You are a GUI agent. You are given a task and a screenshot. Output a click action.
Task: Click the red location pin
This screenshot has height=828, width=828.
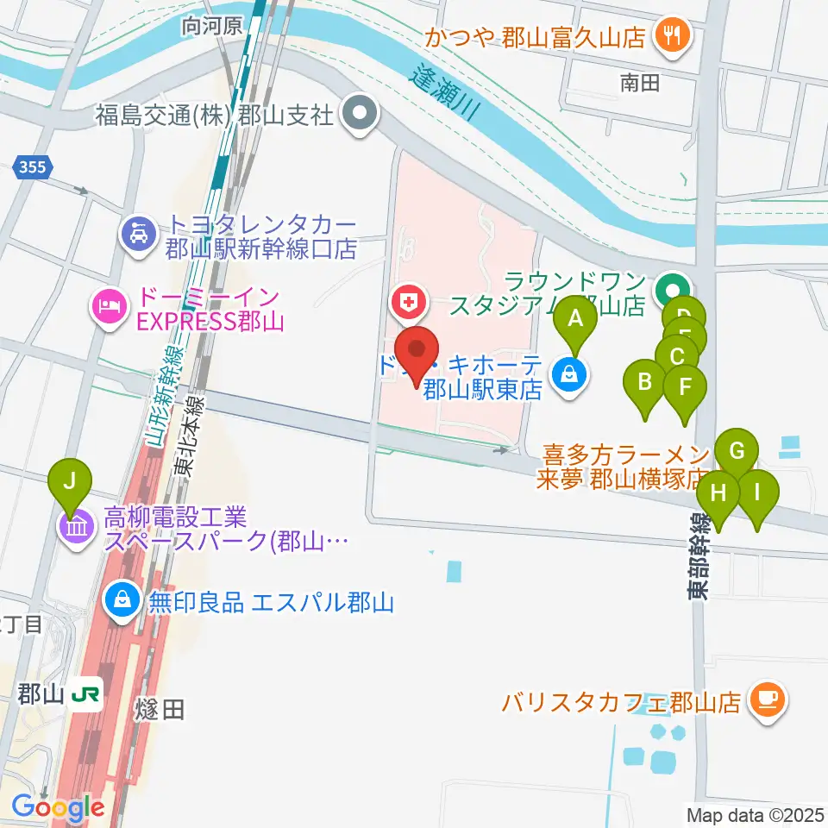pyautogui.click(x=418, y=354)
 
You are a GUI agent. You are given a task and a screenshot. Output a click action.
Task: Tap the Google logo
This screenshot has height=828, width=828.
pyautogui.click(x=58, y=808)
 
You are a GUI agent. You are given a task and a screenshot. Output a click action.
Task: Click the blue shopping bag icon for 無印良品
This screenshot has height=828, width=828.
pyautogui.click(x=122, y=600)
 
